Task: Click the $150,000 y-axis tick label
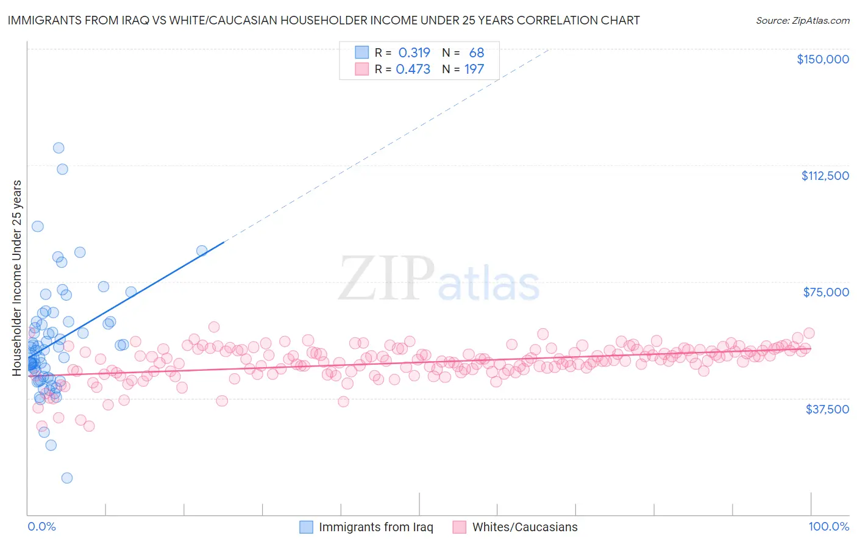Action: [x=822, y=59]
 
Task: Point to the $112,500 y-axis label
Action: [x=825, y=176]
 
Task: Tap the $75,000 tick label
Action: [x=826, y=292]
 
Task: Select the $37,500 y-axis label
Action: [x=827, y=409]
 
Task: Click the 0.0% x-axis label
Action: [x=41, y=527]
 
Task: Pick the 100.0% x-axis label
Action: [x=828, y=527]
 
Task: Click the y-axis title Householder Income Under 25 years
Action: [x=16, y=277]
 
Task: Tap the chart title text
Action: [x=323, y=20]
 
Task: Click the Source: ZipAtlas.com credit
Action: [x=802, y=20]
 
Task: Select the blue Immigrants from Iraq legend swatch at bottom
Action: [x=306, y=528]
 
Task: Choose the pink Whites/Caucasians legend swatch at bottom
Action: [x=460, y=528]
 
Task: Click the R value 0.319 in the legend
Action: [x=414, y=52]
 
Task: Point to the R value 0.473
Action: [x=413, y=70]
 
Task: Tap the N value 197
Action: [x=474, y=70]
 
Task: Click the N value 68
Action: [x=476, y=52]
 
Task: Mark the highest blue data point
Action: [x=59, y=148]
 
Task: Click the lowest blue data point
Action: [x=67, y=478]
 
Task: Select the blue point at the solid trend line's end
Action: [x=202, y=250]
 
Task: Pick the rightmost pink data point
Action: [x=809, y=333]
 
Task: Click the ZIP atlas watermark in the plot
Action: [x=439, y=279]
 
